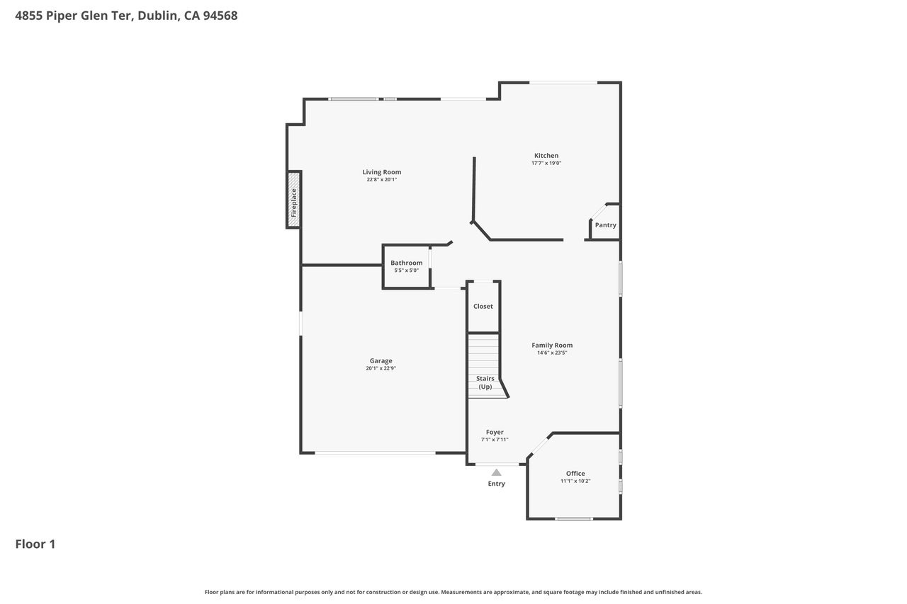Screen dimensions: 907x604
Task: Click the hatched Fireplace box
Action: pos(294,200)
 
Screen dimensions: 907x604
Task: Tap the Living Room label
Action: pos(381,172)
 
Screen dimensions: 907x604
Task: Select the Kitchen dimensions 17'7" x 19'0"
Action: pos(546,163)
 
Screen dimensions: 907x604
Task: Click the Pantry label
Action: pos(605,225)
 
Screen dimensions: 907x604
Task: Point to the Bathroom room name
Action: pos(406,263)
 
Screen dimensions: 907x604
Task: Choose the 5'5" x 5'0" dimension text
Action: pos(406,270)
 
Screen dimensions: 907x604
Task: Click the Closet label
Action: pos(483,306)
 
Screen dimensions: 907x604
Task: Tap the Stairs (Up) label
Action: pos(485,382)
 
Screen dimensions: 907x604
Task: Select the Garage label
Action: pos(381,361)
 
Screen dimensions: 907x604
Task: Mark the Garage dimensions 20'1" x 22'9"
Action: pos(381,368)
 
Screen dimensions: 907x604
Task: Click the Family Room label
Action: pos(552,345)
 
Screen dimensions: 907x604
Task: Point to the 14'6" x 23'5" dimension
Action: pos(552,353)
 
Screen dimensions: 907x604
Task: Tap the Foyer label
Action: pos(495,432)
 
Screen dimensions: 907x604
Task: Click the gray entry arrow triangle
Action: pos(497,472)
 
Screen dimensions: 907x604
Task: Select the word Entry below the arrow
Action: pos(497,484)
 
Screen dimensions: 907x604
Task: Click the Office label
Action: pos(575,473)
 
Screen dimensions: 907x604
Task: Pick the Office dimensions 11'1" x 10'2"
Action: pos(575,481)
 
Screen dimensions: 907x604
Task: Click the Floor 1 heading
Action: pos(35,544)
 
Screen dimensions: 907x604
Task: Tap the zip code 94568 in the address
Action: pos(220,16)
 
